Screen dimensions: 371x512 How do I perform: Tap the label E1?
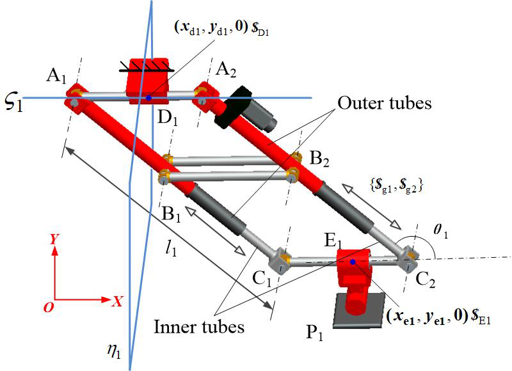tap(333, 241)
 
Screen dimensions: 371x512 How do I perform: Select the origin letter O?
tap(48, 308)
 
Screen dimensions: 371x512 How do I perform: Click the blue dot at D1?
tap(148, 97)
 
